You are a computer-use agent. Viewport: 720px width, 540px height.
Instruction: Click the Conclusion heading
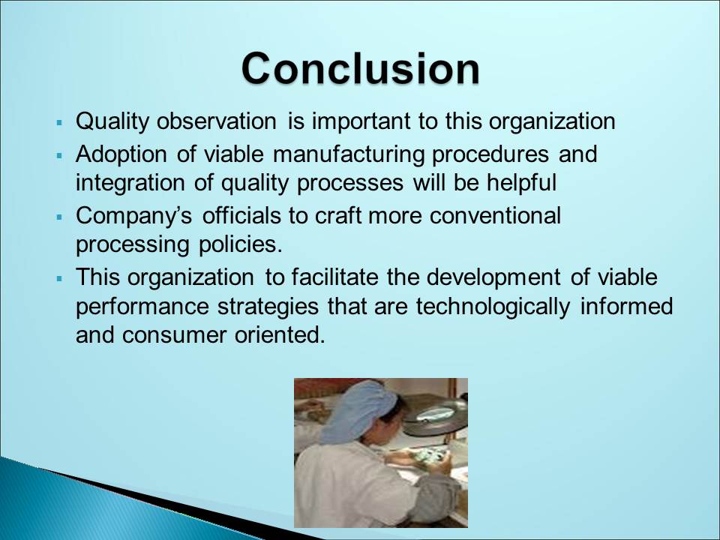pyautogui.click(x=361, y=68)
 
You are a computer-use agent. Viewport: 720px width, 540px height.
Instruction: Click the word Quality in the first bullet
pyautogui.click(x=112, y=121)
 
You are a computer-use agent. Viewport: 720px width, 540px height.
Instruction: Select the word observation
pyautogui.click(x=217, y=121)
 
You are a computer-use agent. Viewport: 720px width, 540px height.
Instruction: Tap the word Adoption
pyautogui.click(x=121, y=154)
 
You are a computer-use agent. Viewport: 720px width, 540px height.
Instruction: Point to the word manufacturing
pyautogui.click(x=349, y=154)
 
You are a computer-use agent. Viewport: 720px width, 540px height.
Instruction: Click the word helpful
pyautogui.click(x=522, y=183)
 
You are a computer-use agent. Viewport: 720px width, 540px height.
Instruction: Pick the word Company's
pyautogui.click(x=134, y=216)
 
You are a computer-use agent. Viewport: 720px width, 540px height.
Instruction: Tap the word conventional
pyautogui.click(x=495, y=215)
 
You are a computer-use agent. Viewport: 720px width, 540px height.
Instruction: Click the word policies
pyautogui.click(x=240, y=244)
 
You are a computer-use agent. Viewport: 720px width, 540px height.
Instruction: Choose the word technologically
pyautogui.click(x=493, y=307)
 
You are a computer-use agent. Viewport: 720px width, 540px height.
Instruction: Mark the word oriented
pyautogui.click(x=280, y=334)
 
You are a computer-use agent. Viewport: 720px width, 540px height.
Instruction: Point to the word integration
pyautogui.click(x=130, y=183)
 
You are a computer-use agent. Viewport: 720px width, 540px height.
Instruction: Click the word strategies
pyautogui.click(x=268, y=307)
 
